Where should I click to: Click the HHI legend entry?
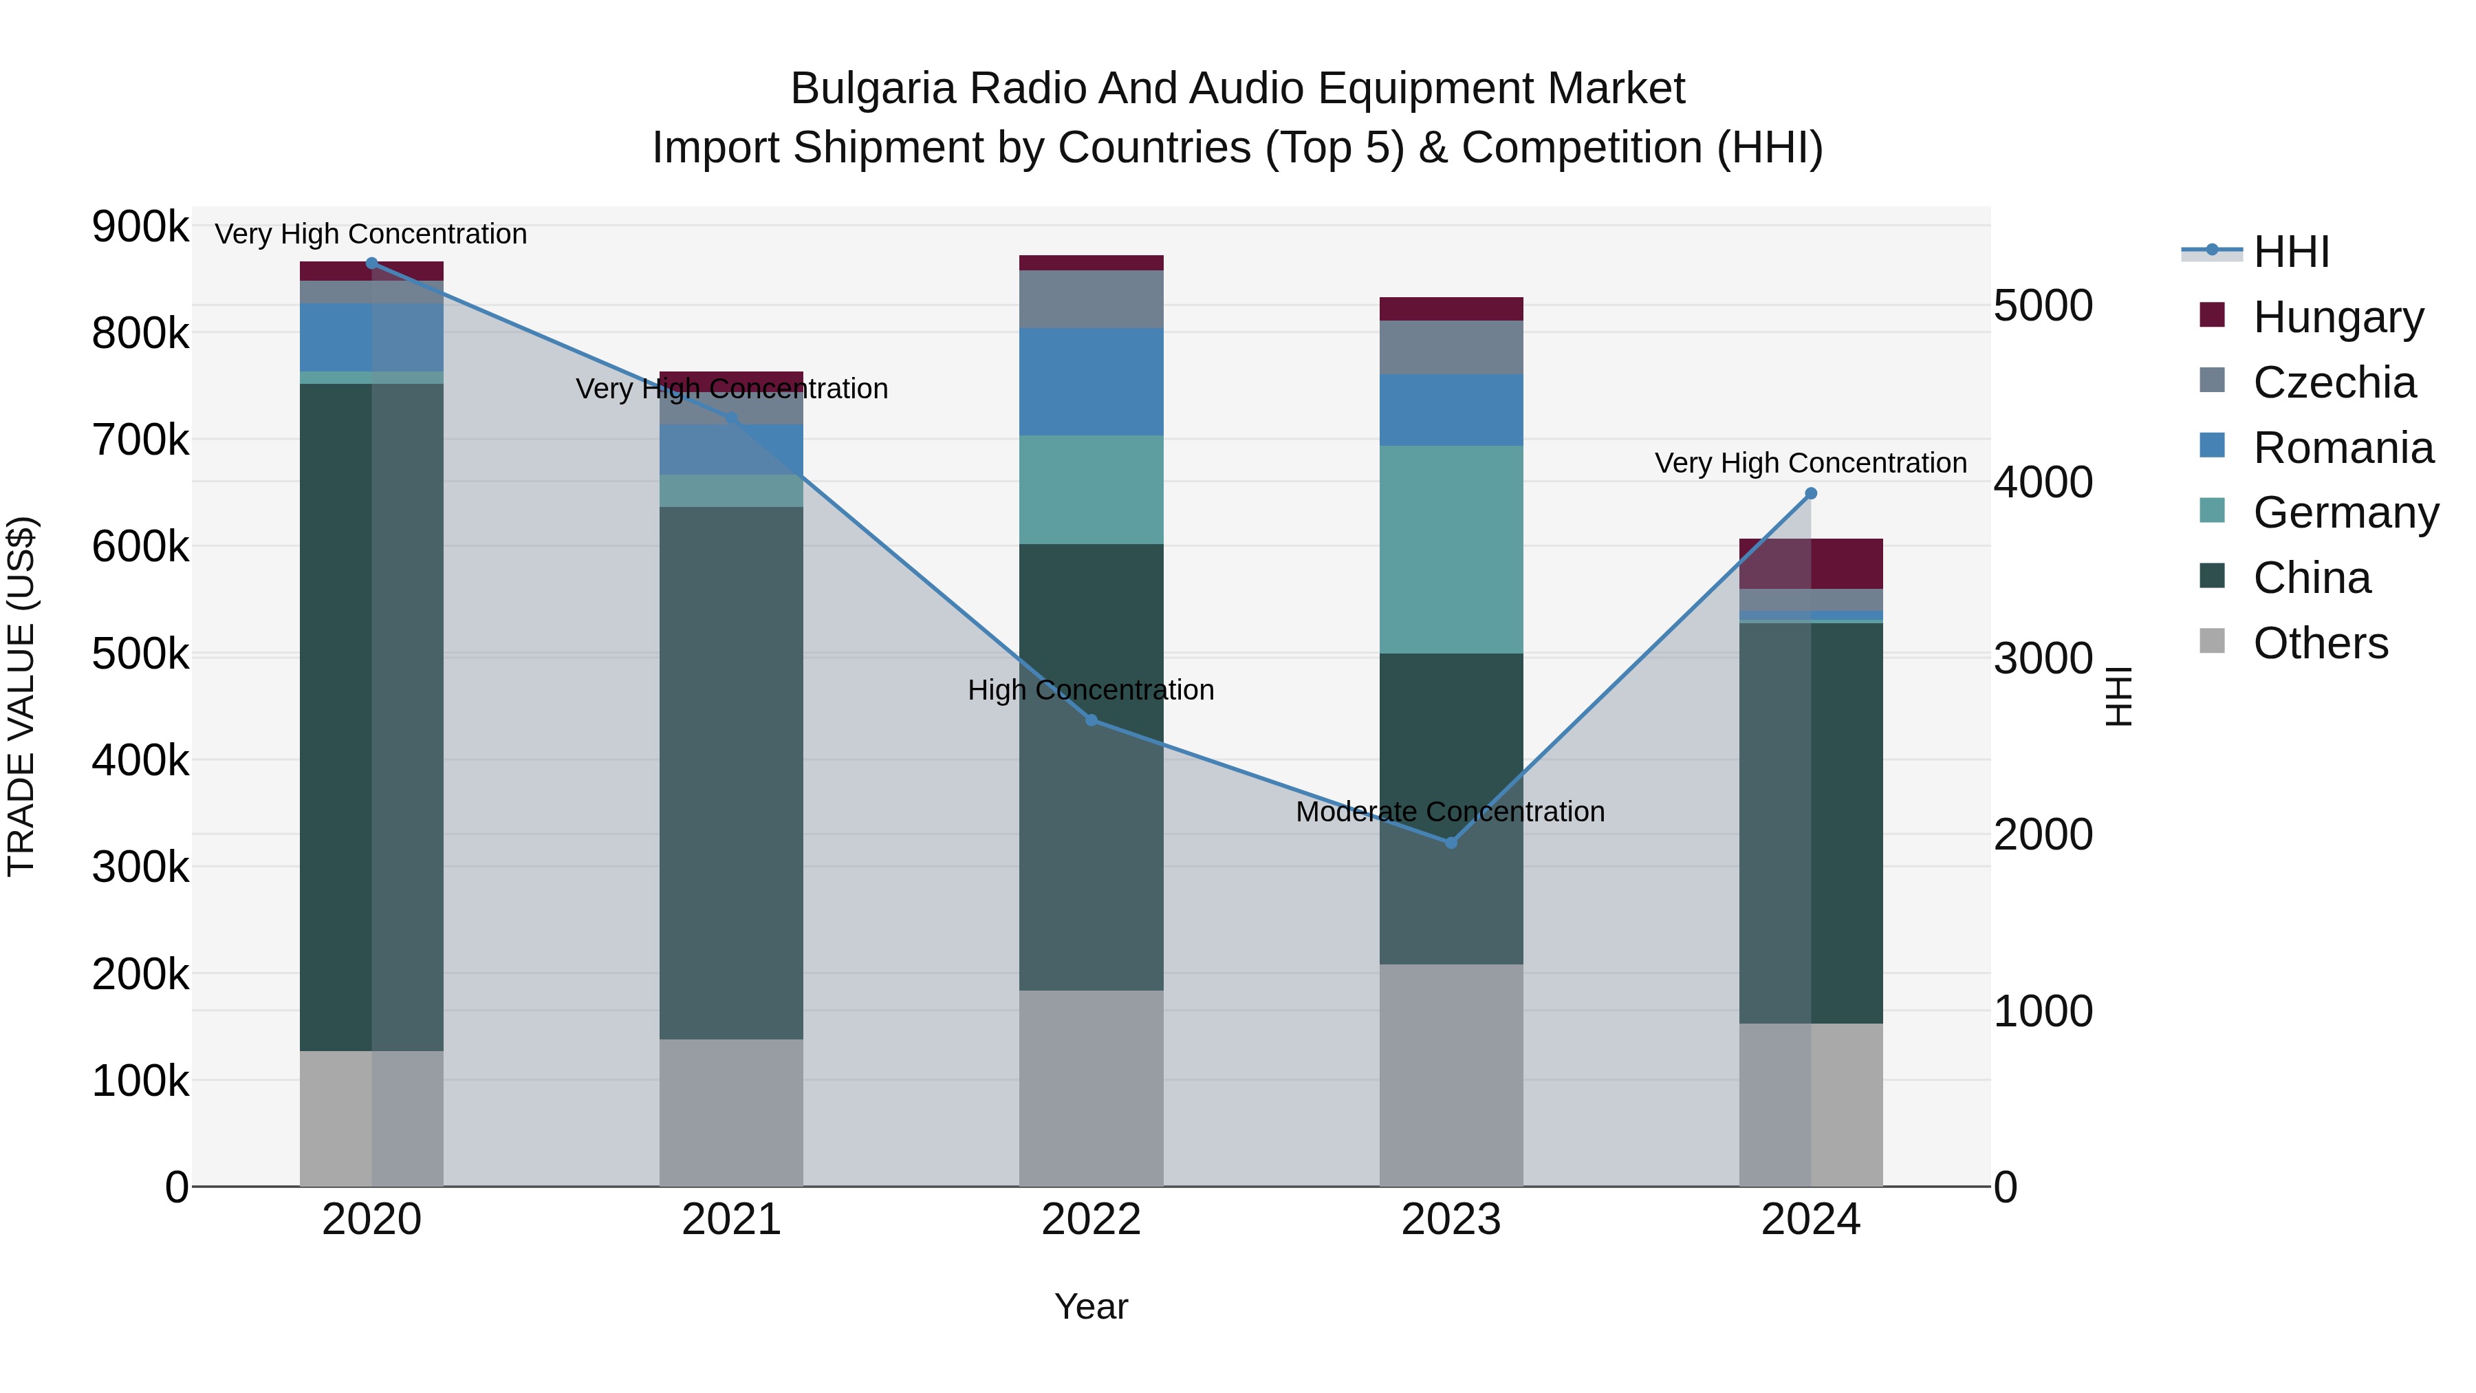pos(2290,252)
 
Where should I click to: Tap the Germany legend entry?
pos(2345,512)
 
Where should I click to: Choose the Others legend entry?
pos(2319,643)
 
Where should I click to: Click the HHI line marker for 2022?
pos(1091,720)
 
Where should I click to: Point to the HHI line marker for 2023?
pos(1451,843)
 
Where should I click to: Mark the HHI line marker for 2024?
pos(1811,493)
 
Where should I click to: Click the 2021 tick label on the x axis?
pos(730,1220)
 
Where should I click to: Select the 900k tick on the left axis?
pos(140,227)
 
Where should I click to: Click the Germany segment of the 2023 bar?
pos(1451,549)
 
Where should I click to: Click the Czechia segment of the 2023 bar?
pos(1451,347)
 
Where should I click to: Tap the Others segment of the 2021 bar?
pos(730,1112)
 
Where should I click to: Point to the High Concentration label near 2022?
pos(1091,690)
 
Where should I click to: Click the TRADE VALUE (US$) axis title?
pos(21,696)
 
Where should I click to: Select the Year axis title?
pos(1091,1306)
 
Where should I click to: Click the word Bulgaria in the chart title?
pos(873,89)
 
